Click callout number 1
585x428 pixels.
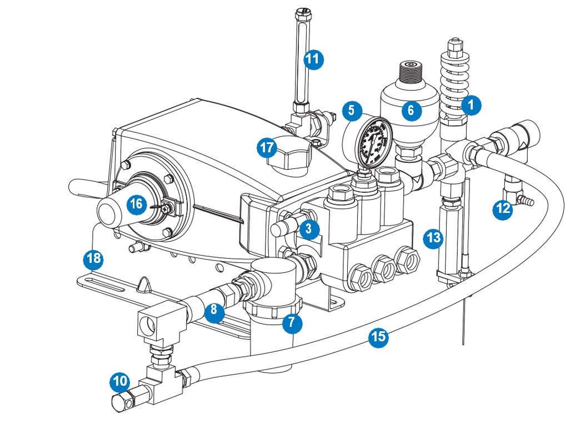(471, 105)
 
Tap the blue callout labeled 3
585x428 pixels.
(309, 228)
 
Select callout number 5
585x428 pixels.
(351, 111)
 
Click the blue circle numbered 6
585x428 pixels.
(411, 111)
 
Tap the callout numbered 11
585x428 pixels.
(314, 59)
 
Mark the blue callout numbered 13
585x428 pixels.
(433, 238)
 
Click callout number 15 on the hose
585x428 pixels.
(378, 337)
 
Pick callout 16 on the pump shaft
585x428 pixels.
(136, 204)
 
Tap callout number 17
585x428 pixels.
(267, 148)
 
